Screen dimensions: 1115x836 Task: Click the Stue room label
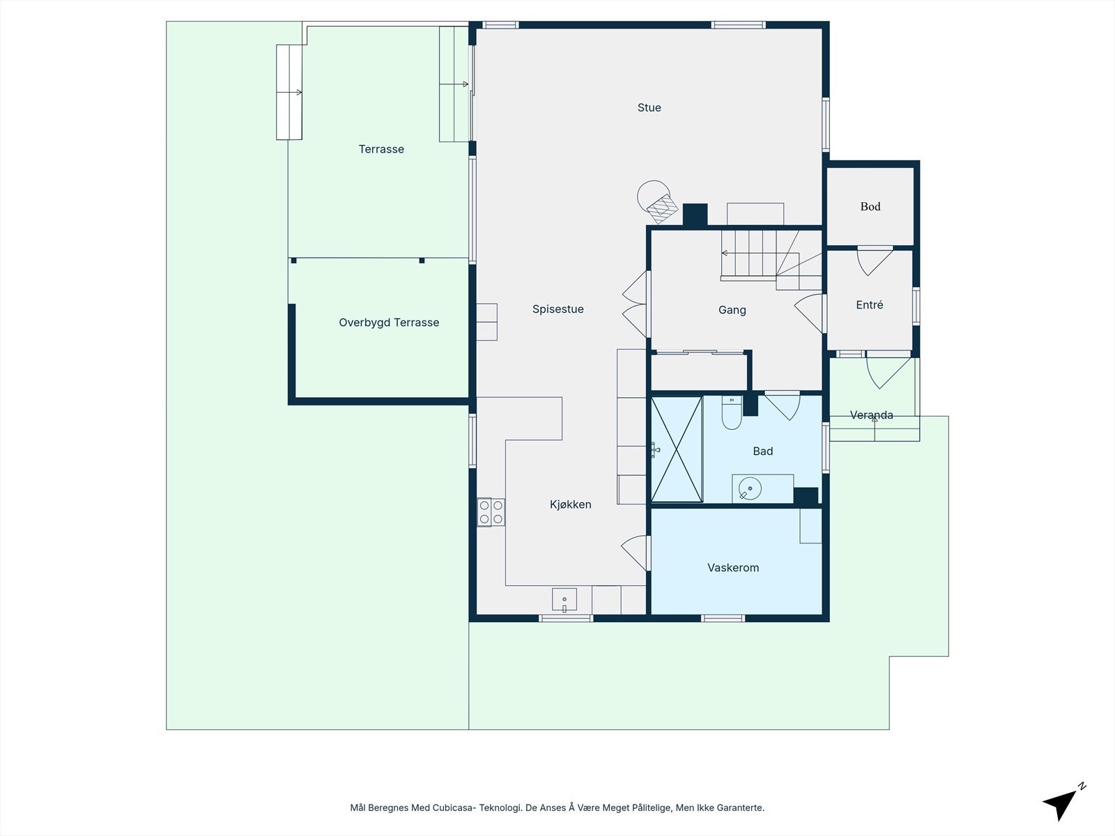point(649,107)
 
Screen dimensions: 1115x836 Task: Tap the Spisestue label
point(557,309)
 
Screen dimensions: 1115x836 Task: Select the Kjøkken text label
point(571,504)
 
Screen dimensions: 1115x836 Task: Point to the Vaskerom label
point(733,568)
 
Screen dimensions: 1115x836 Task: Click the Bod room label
point(870,207)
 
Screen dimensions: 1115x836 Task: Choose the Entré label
point(869,305)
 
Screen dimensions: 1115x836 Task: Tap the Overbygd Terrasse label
point(389,323)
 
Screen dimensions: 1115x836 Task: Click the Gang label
point(732,310)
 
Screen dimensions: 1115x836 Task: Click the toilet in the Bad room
point(732,412)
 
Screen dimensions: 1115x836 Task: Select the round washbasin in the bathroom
point(751,489)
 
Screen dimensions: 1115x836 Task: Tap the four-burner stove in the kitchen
point(491,512)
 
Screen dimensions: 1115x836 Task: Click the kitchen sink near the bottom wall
point(564,599)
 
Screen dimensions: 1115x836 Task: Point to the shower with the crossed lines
point(677,450)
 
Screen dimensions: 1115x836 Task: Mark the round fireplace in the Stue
point(657,201)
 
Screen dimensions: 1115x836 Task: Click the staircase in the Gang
point(771,260)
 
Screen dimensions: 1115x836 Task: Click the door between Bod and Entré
point(875,261)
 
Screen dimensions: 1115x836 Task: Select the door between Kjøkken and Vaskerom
point(636,552)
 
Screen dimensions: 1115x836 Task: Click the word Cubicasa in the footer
point(452,807)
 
